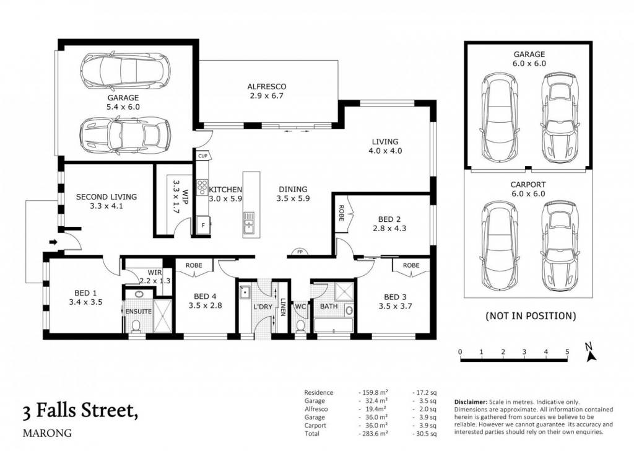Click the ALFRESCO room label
click(x=266, y=87)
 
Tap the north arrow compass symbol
click(x=590, y=352)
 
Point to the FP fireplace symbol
click(x=300, y=252)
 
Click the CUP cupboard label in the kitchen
click(x=202, y=156)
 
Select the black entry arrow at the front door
click(x=53, y=242)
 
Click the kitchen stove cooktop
click(x=202, y=187)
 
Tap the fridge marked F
click(x=203, y=225)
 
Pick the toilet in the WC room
click(x=300, y=326)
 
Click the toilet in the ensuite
click(x=137, y=326)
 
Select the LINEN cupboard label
click(x=284, y=307)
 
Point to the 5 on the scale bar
click(x=567, y=352)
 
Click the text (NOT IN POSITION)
click(x=531, y=316)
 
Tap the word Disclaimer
click(x=471, y=402)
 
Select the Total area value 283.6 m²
click(x=373, y=434)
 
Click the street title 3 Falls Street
click(x=80, y=411)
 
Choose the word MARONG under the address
click(x=47, y=433)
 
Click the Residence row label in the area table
click(x=319, y=392)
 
